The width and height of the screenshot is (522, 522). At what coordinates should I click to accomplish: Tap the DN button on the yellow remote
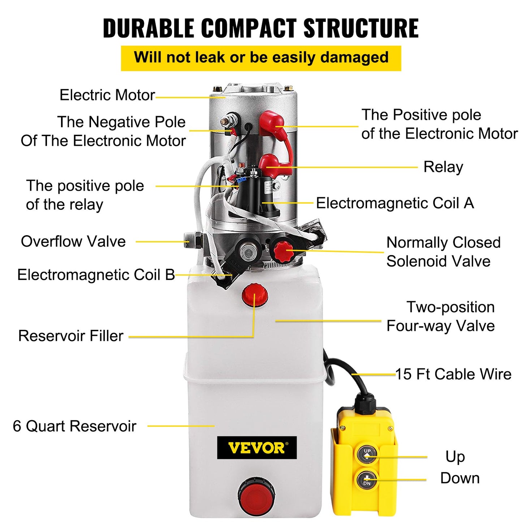pyautogui.click(x=367, y=480)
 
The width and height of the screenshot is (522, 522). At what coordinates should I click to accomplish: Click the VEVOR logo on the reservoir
pyautogui.click(x=256, y=448)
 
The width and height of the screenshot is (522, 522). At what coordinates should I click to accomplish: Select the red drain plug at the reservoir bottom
pyautogui.click(x=256, y=494)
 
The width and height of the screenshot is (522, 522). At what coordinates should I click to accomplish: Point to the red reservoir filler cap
pyautogui.click(x=255, y=294)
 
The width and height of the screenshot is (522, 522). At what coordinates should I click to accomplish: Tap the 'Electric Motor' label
pyautogui.click(x=107, y=95)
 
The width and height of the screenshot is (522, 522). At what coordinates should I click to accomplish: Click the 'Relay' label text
pyautogui.click(x=443, y=167)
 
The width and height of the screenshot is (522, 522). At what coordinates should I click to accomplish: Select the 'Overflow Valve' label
pyautogui.click(x=73, y=241)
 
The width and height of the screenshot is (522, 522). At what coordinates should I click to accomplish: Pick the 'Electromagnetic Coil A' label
pyautogui.click(x=395, y=203)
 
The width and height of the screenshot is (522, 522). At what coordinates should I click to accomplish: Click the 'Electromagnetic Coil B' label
pyautogui.click(x=96, y=275)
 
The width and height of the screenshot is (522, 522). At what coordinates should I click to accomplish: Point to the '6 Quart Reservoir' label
pyautogui.click(x=74, y=426)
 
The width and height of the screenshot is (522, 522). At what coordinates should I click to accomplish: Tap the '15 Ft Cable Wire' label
pyautogui.click(x=453, y=374)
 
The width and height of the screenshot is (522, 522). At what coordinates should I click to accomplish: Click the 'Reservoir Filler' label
pyautogui.click(x=71, y=336)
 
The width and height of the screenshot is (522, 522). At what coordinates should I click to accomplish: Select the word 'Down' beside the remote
pyautogui.click(x=460, y=478)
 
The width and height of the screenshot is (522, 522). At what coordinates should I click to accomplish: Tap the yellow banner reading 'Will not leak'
pyautogui.click(x=261, y=58)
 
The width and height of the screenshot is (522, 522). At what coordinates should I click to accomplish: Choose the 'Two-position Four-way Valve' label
pyautogui.click(x=441, y=316)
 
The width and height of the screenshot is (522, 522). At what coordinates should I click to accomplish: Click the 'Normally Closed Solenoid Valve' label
pyautogui.click(x=443, y=252)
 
